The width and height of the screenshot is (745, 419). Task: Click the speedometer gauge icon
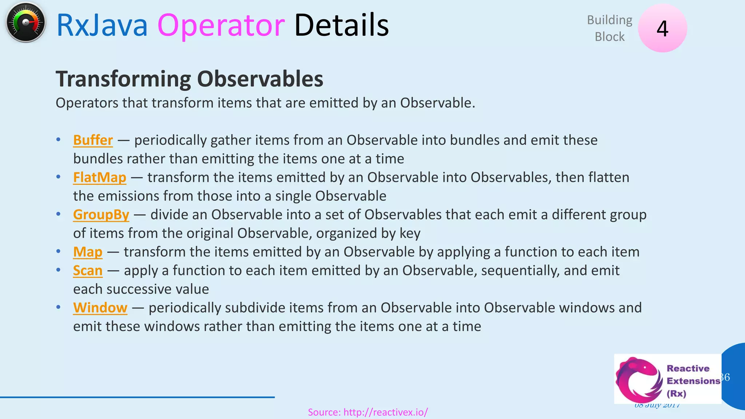[25, 23]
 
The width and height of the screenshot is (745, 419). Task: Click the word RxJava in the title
[102, 25]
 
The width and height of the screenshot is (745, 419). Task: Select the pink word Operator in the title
[221, 25]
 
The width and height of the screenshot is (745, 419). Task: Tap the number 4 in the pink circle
[662, 29]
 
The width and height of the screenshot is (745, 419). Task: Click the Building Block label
[609, 28]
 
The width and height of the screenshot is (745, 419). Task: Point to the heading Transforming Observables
[189, 79]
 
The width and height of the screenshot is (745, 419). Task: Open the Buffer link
[93, 140]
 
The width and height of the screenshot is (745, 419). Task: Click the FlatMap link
[99, 177]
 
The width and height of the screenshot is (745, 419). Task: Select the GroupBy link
[101, 215]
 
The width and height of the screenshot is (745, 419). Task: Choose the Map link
[88, 252]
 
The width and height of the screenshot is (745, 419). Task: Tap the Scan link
[88, 271]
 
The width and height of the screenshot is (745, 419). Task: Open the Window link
[100, 308]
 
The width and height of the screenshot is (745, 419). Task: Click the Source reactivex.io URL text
[367, 412]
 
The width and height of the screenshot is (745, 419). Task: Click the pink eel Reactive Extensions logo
[638, 379]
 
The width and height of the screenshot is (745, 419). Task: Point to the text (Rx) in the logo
[676, 394]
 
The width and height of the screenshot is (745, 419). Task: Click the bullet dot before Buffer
[58, 140]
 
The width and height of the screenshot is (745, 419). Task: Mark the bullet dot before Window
[58, 307]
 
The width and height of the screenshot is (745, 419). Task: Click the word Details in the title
[341, 25]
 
